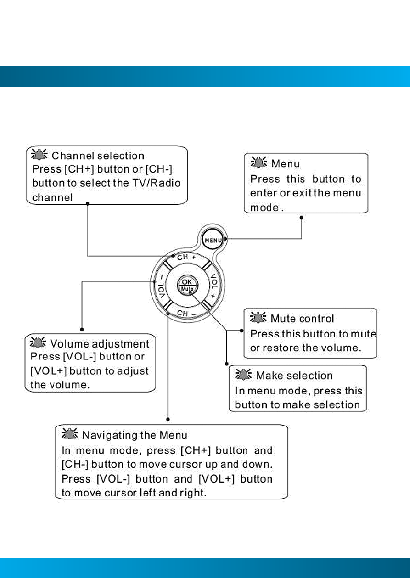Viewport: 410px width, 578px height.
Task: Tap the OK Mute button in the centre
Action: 187,285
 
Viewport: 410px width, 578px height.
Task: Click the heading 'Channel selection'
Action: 98,156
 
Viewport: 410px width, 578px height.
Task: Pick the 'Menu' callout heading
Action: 286,164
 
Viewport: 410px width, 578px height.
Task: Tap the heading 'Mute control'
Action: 302,319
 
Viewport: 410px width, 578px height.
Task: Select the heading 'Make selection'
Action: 294,376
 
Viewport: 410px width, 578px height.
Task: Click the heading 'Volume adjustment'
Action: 100,343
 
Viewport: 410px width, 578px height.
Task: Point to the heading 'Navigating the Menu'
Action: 134,435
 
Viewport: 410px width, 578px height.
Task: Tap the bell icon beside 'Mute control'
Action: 258,318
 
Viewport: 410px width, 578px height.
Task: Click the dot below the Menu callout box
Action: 301,218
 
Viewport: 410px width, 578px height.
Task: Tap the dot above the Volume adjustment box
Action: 82,329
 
